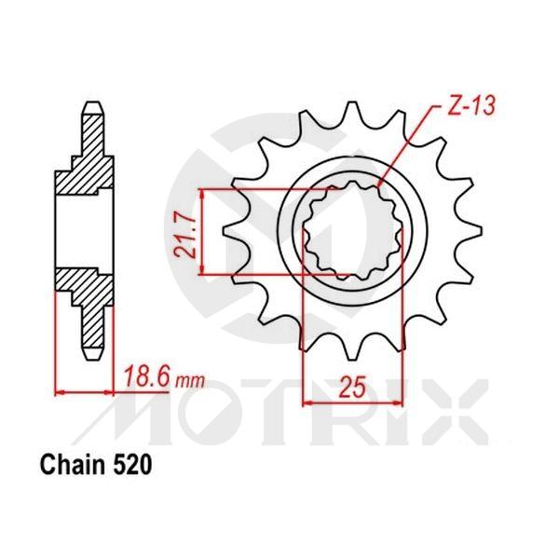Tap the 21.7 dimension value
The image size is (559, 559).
pos(186,234)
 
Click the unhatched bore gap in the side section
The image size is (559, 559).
pos(84,228)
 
